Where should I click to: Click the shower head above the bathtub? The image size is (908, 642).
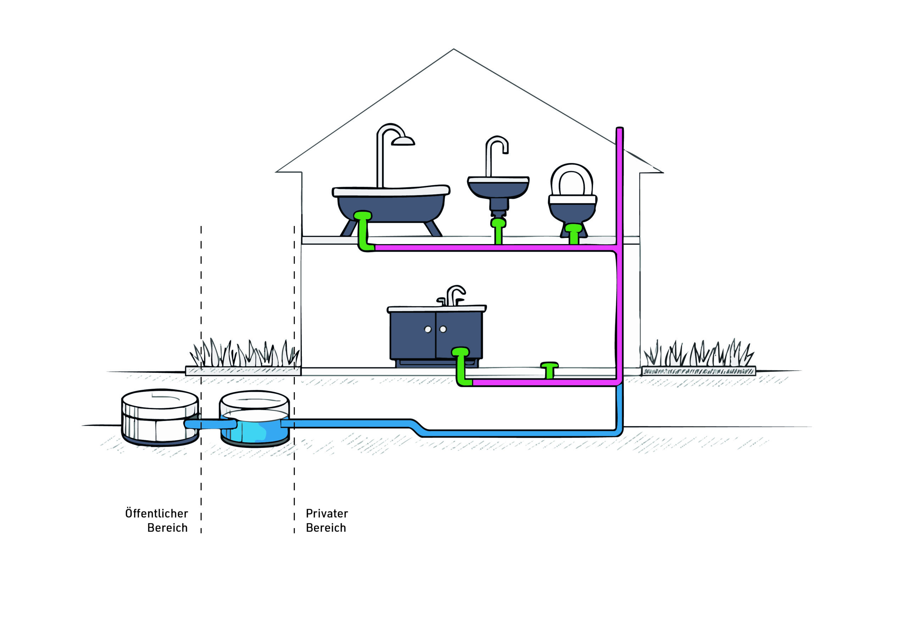coord(403,141)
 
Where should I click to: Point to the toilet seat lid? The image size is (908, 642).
coord(572,182)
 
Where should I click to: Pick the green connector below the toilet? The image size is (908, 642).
coord(574,233)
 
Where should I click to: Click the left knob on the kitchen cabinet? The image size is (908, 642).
coord(427,330)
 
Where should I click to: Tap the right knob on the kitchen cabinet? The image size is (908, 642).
coord(443,329)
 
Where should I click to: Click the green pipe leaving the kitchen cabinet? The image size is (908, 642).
coord(460,366)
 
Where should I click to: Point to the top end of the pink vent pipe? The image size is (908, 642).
coord(620,129)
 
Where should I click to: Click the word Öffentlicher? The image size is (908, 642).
coord(157,514)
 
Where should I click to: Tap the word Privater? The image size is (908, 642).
coord(327,514)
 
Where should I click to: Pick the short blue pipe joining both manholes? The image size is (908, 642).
coord(210,425)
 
